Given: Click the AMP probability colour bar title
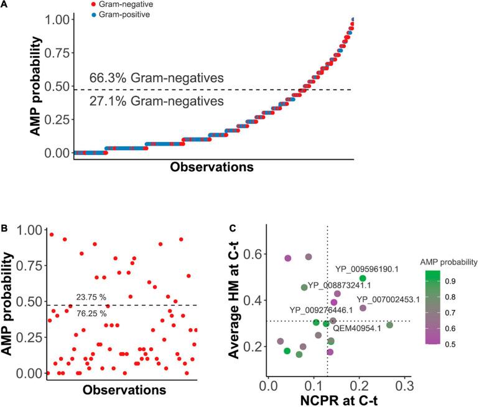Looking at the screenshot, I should tap(447, 262).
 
